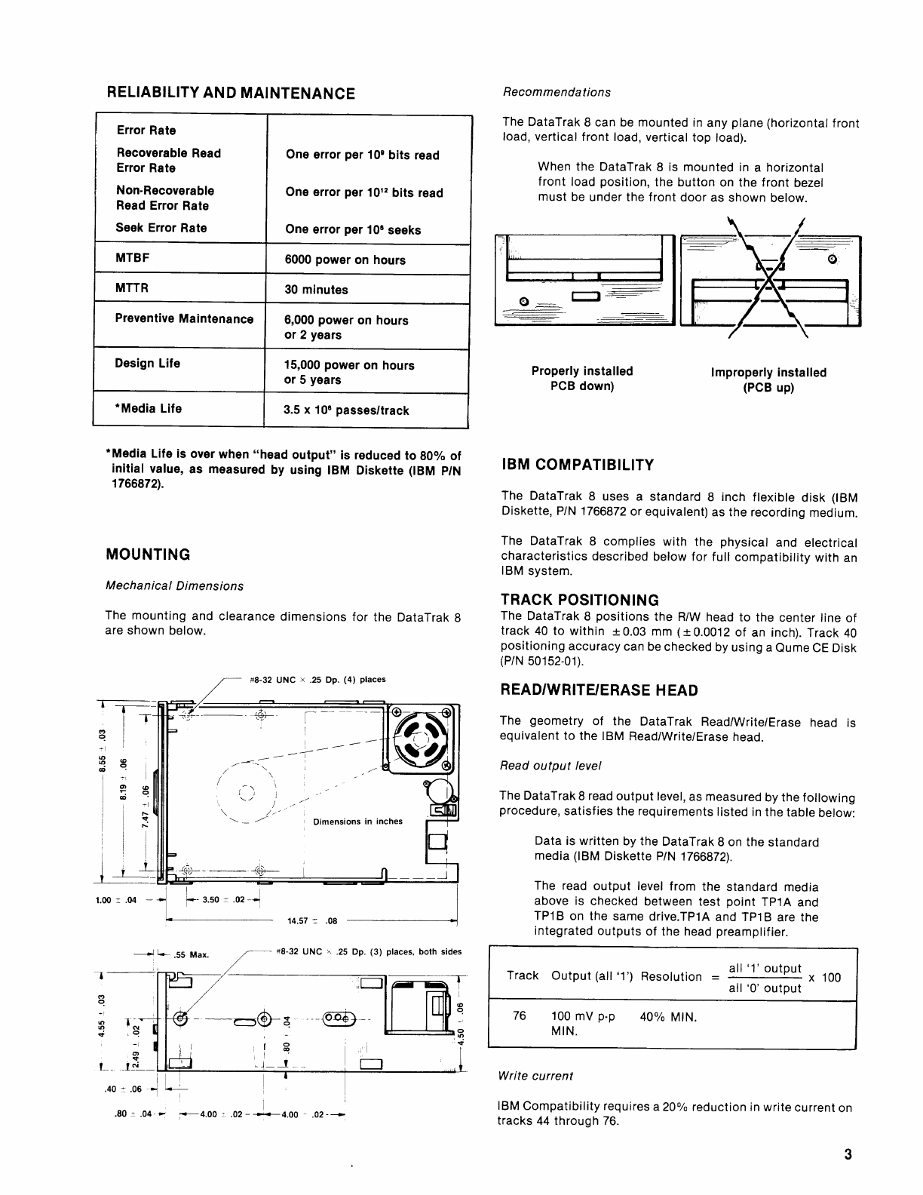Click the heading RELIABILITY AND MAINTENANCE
[x=230, y=93]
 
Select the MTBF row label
[x=132, y=258]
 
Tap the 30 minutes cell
[x=316, y=290]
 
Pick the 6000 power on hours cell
[x=345, y=260]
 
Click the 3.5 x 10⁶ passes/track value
[x=346, y=410]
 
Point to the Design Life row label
[x=147, y=364]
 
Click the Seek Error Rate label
[x=161, y=228]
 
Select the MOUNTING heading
[x=148, y=554]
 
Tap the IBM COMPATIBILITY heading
[x=577, y=465]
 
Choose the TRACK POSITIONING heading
[x=579, y=600]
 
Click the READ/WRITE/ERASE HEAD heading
[x=599, y=690]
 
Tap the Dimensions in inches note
[x=357, y=822]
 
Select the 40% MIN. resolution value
[x=667, y=1017]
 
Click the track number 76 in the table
[x=519, y=1016]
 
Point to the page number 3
[x=848, y=1155]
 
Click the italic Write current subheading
[x=535, y=1076]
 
